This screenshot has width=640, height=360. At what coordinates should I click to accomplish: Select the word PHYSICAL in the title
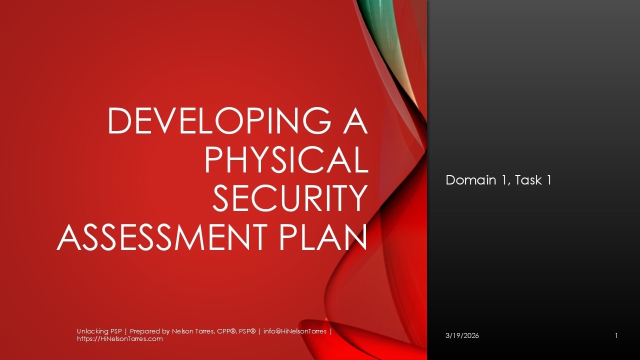[x=286, y=160]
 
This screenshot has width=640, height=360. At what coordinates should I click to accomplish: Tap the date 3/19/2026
[x=462, y=335]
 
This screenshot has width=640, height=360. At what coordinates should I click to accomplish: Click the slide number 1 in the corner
[x=616, y=335]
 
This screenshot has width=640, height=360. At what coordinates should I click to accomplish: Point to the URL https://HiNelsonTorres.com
[x=120, y=339]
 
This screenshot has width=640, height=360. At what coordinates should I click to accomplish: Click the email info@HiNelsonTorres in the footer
[x=295, y=331]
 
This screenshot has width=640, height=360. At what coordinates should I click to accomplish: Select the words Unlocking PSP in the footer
[x=100, y=331]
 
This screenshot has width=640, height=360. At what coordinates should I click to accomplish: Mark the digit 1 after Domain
[x=504, y=180]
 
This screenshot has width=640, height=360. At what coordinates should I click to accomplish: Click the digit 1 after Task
[x=548, y=180]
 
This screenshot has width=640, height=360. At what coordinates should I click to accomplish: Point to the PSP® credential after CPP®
[x=244, y=331]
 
